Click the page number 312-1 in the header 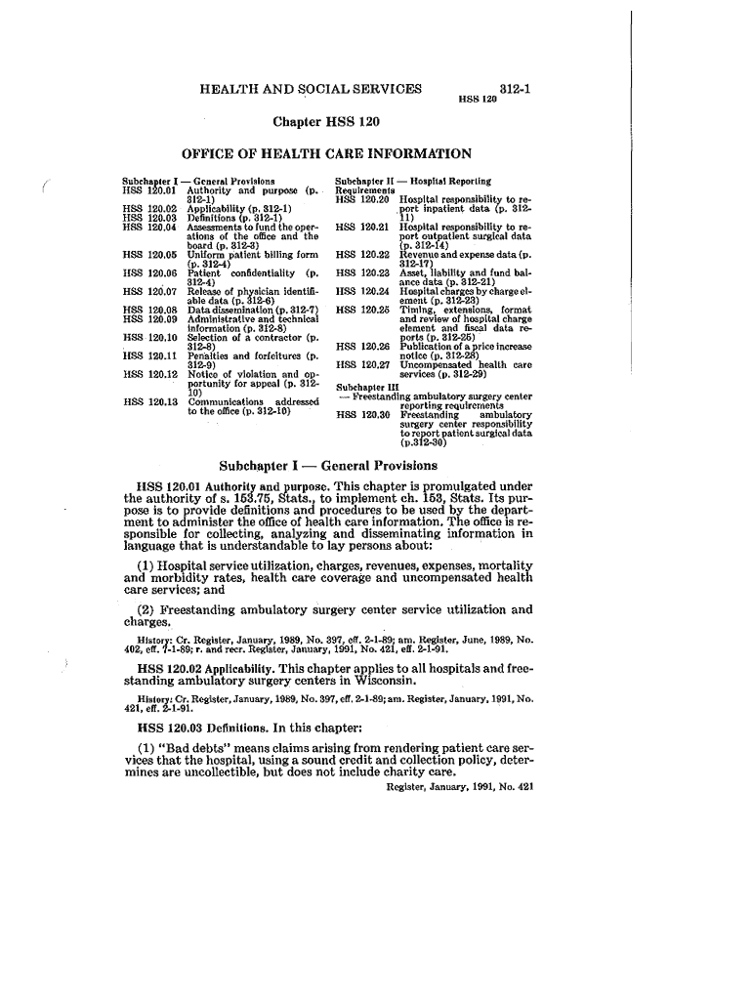coord(514,88)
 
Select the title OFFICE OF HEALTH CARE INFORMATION coord(327,153)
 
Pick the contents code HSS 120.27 coord(361,365)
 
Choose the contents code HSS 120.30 coord(361,414)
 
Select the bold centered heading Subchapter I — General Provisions coord(328,466)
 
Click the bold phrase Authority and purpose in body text coord(258,486)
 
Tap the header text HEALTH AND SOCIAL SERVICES coord(311,89)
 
